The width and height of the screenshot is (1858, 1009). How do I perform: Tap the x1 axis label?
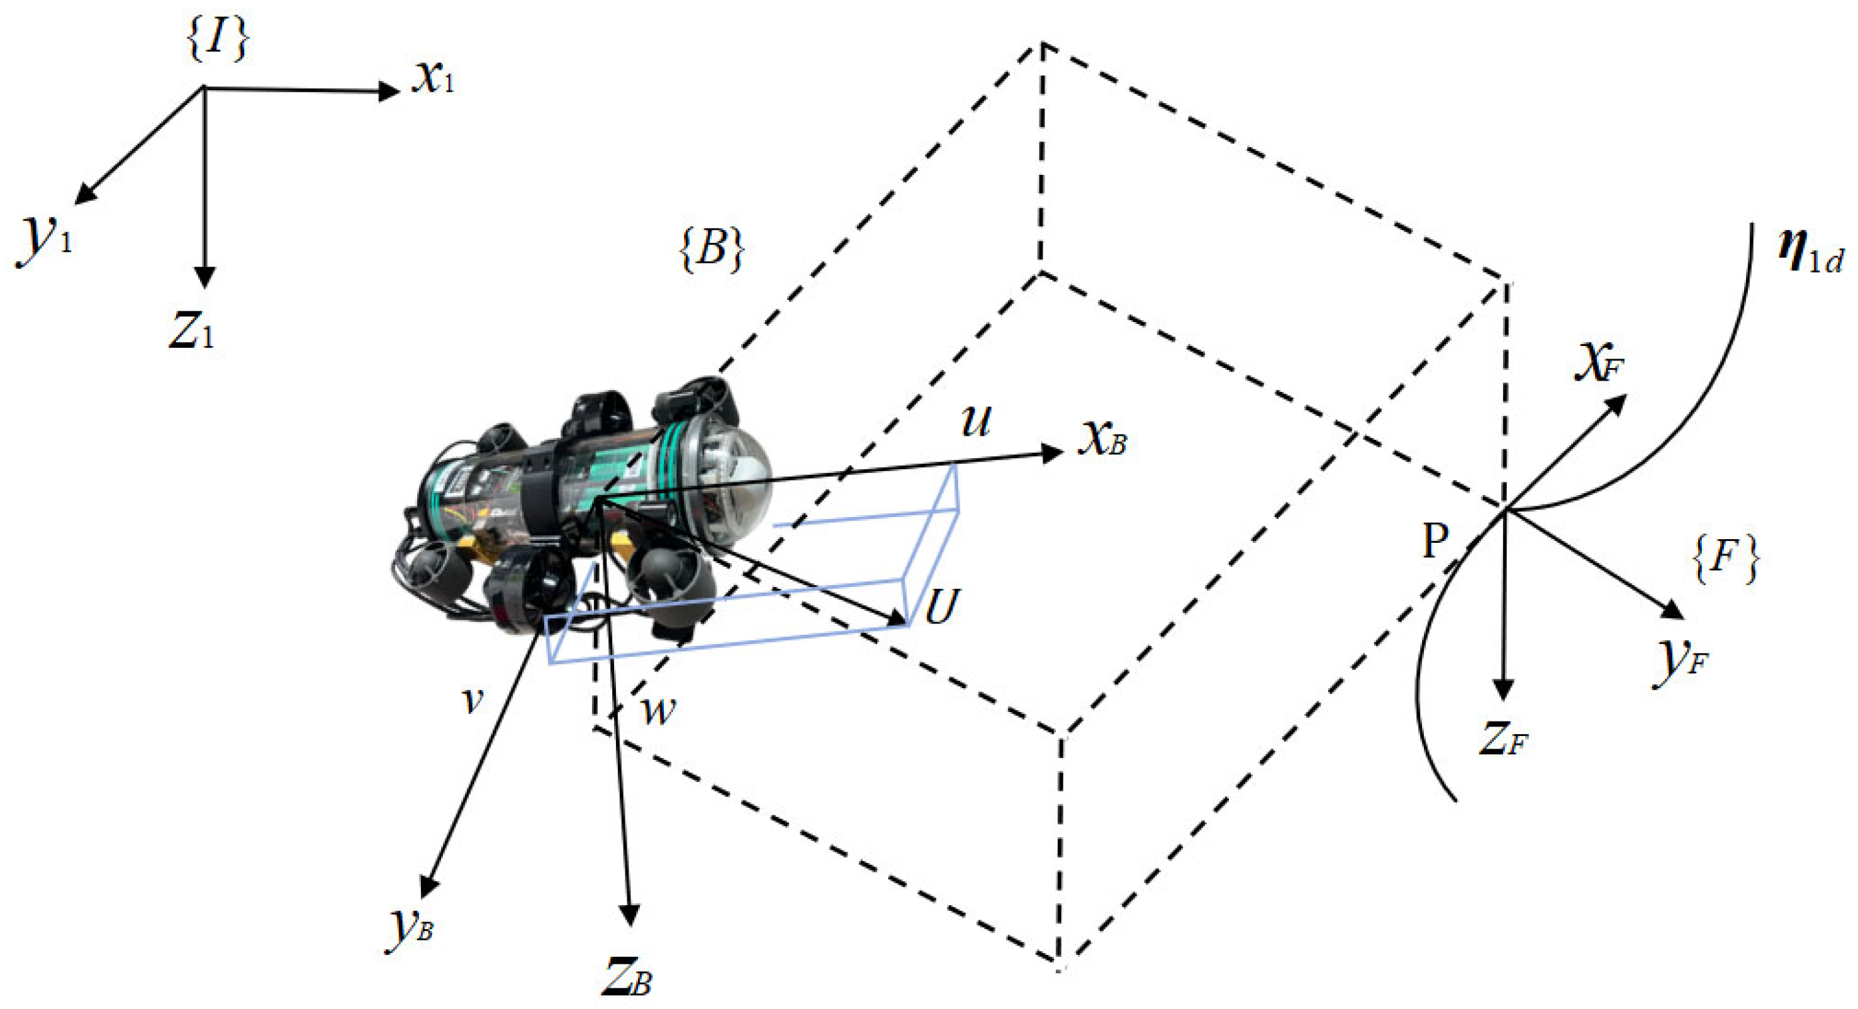[x=434, y=78]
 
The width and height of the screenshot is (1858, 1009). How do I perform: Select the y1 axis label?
[x=45, y=239]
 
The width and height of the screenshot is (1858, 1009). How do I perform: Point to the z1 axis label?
[x=192, y=332]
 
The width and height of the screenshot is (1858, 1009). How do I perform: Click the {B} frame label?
[x=711, y=250]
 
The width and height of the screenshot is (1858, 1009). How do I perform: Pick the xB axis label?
[x=1102, y=439]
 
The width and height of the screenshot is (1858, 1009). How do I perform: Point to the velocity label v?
[x=473, y=700]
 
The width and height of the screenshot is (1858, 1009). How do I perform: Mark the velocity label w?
[x=658, y=710]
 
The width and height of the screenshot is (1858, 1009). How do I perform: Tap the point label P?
[x=1435, y=542]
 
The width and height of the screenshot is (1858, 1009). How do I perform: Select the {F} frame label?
[x=1724, y=560]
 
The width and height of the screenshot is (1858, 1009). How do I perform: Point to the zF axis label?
[x=1504, y=740]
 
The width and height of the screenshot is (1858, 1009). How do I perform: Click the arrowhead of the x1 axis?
[x=389, y=91]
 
